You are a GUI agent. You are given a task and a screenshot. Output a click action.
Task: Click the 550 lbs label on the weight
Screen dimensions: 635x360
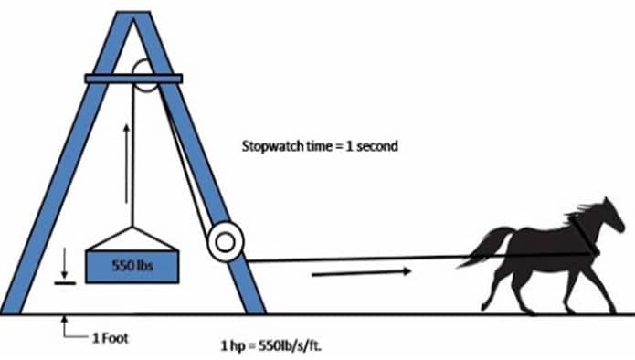[132, 266]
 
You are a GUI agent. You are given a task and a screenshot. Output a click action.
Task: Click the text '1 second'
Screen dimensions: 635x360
[372, 146]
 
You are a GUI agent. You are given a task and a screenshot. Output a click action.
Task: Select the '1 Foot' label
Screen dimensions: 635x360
[111, 338]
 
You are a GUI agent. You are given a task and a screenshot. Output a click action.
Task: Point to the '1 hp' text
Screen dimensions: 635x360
[233, 345]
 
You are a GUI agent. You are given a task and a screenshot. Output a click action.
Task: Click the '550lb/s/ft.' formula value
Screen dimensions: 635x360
[290, 345]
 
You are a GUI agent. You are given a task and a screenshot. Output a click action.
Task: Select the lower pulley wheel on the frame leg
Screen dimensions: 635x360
[226, 241]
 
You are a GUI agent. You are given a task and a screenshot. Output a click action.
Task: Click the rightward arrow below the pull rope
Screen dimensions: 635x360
[362, 272]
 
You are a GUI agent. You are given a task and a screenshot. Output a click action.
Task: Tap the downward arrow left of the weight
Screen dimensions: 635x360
[64, 263]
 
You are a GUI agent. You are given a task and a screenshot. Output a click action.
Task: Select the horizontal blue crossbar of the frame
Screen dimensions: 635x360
[133, 79]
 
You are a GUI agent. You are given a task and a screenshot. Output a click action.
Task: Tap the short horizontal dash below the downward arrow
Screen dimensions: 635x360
[65, 283]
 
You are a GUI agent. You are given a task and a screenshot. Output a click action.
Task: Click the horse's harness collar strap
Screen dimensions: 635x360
[584, 235]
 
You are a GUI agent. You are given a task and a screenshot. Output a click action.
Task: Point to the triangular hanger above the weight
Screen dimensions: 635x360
[132, 238]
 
